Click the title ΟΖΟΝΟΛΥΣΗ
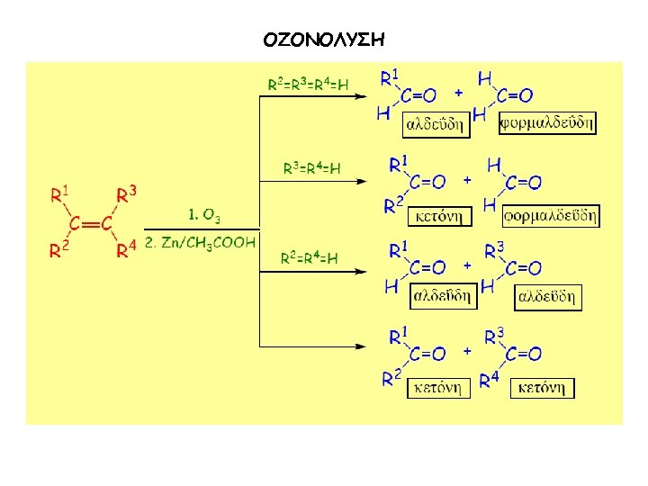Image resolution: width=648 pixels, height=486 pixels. coord(324,40)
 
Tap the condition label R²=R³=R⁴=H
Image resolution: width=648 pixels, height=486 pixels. coord(309,84)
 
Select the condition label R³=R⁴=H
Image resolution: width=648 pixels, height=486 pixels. coord(311,168)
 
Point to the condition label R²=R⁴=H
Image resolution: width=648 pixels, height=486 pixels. coord(309,259)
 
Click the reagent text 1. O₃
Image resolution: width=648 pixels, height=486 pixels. coord(203,215)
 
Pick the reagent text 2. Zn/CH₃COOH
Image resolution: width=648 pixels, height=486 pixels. coord(200,242)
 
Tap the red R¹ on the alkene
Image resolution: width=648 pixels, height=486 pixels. coord(61,194)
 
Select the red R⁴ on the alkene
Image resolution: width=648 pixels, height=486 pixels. coord(127,251)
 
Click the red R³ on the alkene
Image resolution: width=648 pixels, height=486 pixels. coord(127,194)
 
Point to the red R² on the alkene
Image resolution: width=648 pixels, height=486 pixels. coord(59,251)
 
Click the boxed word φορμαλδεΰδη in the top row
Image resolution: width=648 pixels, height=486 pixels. coord(547,122)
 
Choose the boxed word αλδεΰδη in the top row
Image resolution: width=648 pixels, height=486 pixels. coord(436,122)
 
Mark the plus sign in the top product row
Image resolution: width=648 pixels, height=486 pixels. coord(458,92)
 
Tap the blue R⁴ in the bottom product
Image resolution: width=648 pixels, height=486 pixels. coord(489,381)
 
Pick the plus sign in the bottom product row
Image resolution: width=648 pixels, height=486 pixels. coord(466,351)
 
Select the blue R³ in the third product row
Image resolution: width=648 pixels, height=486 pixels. coord(494,249)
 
